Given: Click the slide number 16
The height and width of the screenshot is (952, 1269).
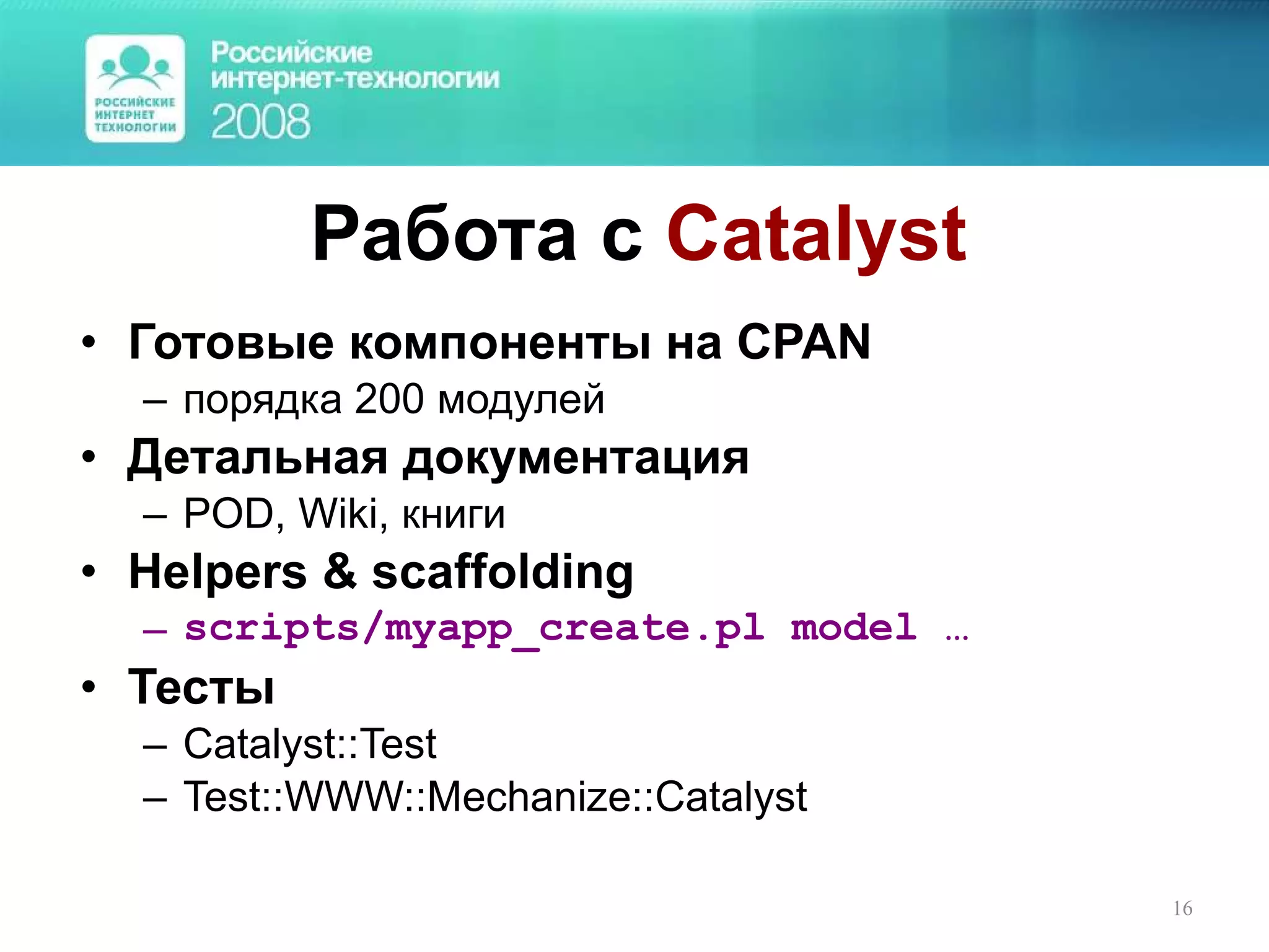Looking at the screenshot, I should (1182, 909).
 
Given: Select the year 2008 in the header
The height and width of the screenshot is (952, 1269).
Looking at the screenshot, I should (260, 121).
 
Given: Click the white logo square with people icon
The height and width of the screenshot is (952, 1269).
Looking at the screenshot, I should (135, 89).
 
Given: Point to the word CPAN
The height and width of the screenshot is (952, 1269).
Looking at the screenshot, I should (804, 342).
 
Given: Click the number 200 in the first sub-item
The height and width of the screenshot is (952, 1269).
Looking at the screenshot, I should (389, 400).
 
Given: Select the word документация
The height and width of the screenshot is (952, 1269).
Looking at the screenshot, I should (576, 459).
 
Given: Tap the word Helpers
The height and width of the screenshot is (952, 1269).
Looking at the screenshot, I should (217, 572).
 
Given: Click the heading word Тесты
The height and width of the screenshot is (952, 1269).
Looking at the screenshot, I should (201, 687).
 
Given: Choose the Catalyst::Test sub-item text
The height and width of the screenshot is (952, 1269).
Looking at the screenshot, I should (310, 744).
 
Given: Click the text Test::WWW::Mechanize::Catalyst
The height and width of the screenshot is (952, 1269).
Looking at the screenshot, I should (495, 797).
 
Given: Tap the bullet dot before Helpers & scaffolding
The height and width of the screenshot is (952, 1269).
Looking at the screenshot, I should (89, 572).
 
